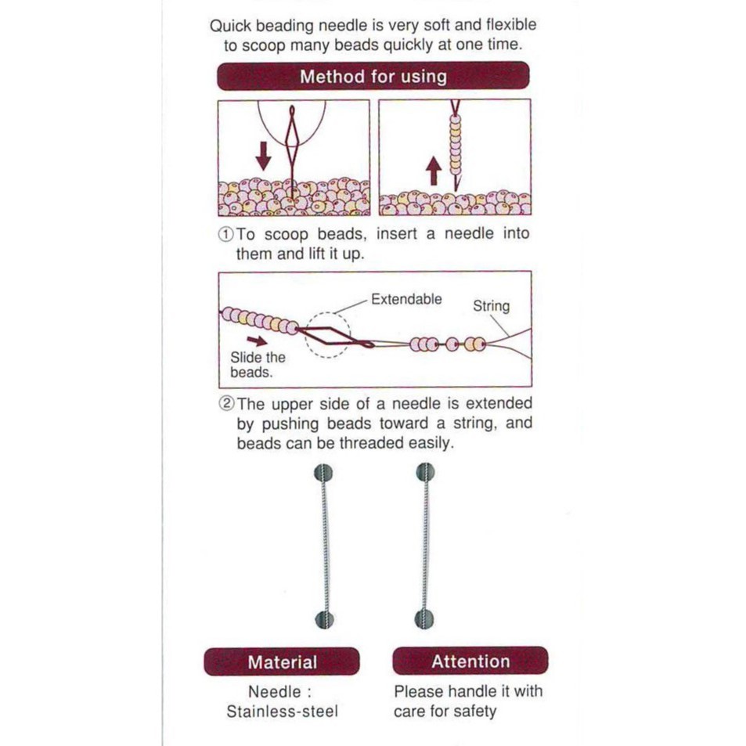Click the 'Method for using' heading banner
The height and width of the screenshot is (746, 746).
point(373,76)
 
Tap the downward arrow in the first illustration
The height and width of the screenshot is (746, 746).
point(263,156)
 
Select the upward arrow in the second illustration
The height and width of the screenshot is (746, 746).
point(433,171)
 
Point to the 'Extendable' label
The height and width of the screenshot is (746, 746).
point(406,299)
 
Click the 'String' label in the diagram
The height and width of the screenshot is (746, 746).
point(491,306)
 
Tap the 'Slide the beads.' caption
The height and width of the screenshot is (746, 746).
point(258,365)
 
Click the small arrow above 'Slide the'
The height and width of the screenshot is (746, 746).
point(257,341)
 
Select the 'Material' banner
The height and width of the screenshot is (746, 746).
point(282,661)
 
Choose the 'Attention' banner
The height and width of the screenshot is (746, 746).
point(470,661)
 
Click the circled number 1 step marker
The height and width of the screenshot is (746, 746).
point(225,234)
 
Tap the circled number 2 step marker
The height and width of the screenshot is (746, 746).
point(226,403)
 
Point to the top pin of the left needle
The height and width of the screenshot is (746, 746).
point(323,474)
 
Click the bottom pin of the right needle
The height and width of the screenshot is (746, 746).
point(424,619)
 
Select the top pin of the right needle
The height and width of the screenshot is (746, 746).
point(425,472)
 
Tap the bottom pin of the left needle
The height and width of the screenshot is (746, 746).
point(325,619)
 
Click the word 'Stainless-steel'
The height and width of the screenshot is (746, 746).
point(282,712)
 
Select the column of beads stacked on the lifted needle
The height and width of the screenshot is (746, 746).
point(456,145)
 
